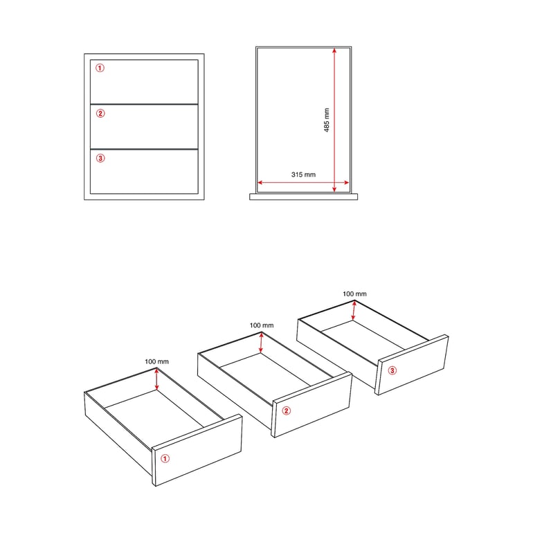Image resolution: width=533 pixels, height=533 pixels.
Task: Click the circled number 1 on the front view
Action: [100, 68]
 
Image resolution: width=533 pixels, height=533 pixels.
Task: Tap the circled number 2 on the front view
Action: [100, 114]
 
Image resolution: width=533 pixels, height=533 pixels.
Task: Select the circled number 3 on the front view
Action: [100, 158]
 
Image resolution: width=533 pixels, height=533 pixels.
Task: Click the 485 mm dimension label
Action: [326, 120]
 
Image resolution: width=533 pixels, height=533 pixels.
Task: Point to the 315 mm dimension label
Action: [303, 174]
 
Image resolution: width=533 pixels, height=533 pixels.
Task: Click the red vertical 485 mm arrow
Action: [334, 120]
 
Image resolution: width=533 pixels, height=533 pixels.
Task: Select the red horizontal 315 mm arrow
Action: [303, 183]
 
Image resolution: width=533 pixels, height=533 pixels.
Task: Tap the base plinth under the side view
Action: [304, 197]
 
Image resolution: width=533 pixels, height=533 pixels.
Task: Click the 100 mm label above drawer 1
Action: [156, 361]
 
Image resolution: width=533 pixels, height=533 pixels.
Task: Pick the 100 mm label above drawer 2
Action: [262, 325]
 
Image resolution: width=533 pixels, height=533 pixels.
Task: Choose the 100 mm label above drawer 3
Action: [354, 293]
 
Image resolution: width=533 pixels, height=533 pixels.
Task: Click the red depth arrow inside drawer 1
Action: [156, 379]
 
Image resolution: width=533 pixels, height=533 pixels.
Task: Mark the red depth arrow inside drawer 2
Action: [261, 343]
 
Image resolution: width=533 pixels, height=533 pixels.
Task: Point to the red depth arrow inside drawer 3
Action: [354, 311]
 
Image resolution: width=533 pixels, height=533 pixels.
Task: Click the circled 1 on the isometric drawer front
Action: [165, 458]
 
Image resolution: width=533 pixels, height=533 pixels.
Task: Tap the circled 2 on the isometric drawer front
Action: [286, 410]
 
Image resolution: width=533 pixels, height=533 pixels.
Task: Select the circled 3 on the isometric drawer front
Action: [392, 370]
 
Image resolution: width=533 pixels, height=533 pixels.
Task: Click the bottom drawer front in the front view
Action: [144, 172]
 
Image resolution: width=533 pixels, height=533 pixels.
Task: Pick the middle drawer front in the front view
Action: [144, 127]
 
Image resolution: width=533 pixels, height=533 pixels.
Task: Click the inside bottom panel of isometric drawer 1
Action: [154, 408]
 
